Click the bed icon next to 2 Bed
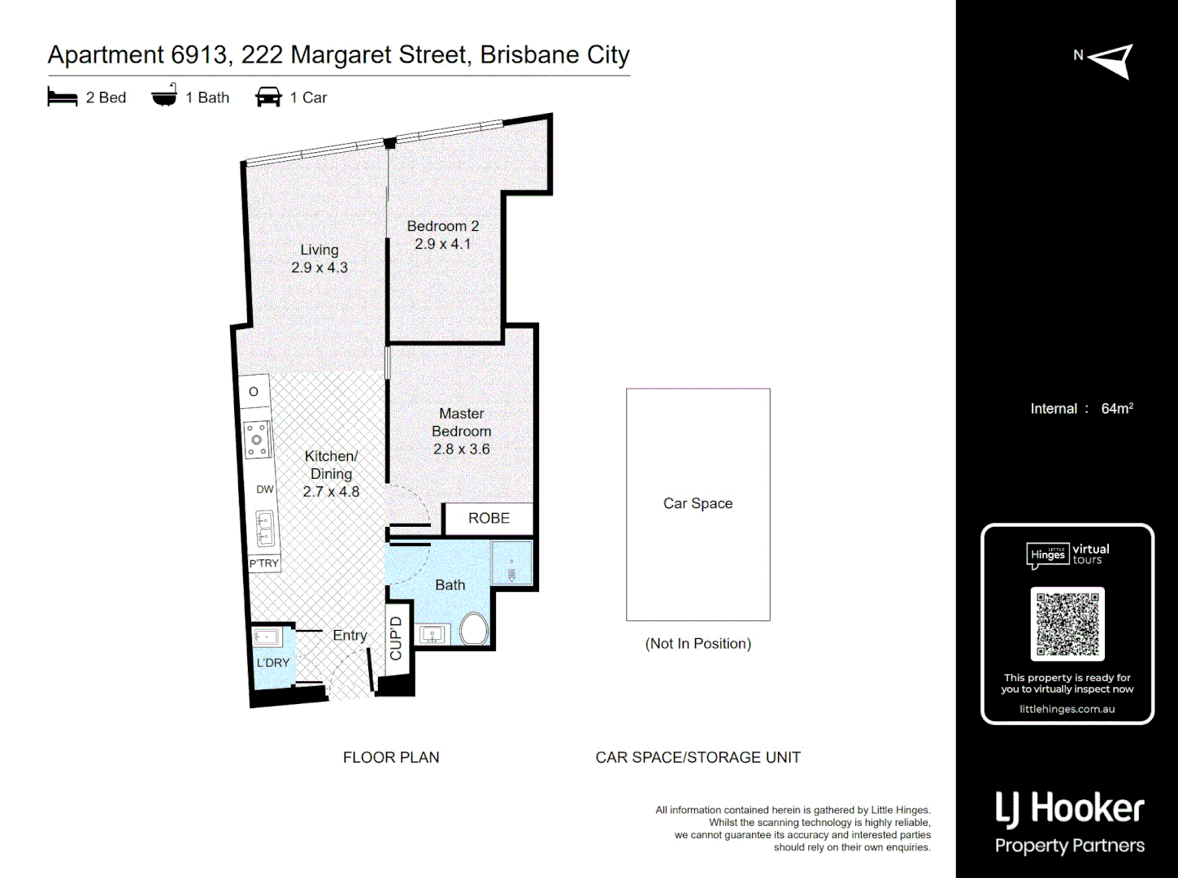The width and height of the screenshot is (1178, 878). (x=63, y=98)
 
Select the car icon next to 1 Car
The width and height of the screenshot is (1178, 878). (x=268, y=98)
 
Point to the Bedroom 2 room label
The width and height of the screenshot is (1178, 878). (x=442, y=226)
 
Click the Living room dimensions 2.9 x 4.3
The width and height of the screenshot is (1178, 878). (x=319, y=267)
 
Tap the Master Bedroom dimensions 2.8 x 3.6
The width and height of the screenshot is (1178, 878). (x=461, y=449)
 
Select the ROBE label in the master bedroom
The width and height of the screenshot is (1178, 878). (x=489, y=519)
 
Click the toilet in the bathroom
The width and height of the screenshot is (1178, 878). (x=473, y=629)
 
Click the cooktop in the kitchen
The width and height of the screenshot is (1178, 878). (x=257, y=440)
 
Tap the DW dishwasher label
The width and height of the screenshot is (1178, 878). (x=265, y=489)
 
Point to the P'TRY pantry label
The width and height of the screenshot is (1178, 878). (x=264, y=563)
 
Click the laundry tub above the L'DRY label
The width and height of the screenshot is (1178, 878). (x=267, y=637)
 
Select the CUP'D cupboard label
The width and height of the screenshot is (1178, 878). (x=396, y=639)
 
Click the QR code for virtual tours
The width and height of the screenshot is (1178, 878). (x=1067, y=624)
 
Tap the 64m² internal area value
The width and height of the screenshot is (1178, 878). (x=1116, y=408)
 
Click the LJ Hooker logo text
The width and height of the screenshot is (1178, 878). (x=1069, y=808)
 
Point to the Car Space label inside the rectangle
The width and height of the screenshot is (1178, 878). (x=698, y=503)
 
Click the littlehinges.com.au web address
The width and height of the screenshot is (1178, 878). (x=1067, y=709)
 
